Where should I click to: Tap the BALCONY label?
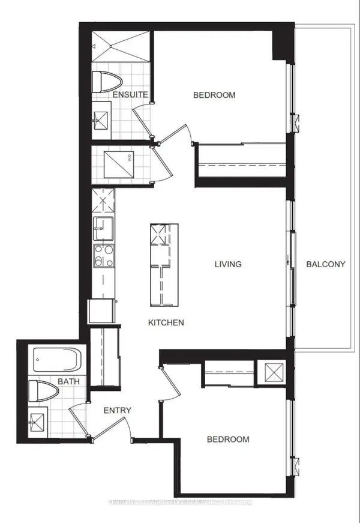[x=325, y=264]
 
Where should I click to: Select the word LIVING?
[x=229, y=264]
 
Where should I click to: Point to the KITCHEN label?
[x=166, y=322]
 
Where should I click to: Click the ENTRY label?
[x=117, y=411]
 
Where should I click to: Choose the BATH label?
[x=66, y=381]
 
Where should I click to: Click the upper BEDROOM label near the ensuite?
[x=214, y=95]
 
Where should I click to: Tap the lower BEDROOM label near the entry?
[x=227, y=440]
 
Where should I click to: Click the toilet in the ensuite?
[x=109, y=80]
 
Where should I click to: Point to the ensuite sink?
[x=101, y=119]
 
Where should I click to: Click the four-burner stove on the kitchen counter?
[x=101, y=256]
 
